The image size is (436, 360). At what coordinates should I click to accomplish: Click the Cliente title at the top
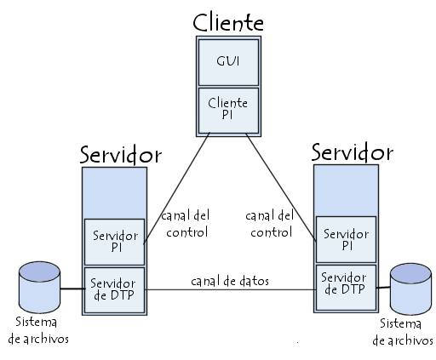pos(228,22)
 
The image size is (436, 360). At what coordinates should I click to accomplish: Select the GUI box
pos(228,62)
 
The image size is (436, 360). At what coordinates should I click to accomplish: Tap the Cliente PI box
pos(228,111)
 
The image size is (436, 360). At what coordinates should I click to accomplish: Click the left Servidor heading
pos(121,155)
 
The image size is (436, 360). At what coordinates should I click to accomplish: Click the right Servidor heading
pos(353,152)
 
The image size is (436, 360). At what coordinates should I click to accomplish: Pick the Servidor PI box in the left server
pos(114,242)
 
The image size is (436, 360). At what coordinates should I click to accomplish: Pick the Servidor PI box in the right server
pos(346,239)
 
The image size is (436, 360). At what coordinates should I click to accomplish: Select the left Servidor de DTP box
pos(114,290)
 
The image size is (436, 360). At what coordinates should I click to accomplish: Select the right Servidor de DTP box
pos(346,288)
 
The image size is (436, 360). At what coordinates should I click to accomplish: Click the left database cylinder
pos(39,287)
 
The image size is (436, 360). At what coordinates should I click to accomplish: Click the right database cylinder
pos(410,289)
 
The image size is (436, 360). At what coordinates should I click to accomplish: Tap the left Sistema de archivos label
pos(38,330)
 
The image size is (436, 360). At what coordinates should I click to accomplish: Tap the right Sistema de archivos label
pos(403,332)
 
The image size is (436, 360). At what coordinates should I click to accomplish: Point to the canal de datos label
pos(230,281)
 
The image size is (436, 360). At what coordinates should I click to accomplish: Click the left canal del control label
pos(186,224)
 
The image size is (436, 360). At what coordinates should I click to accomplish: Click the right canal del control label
pos(269,224)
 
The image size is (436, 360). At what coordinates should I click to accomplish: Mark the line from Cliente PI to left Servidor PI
pos(176,188)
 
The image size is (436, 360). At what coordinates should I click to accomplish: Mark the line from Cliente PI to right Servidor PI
pos(281,188)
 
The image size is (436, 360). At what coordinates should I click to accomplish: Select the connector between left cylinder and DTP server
pos(72,289)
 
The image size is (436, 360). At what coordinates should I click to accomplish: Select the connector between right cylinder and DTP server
pos(383,288)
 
